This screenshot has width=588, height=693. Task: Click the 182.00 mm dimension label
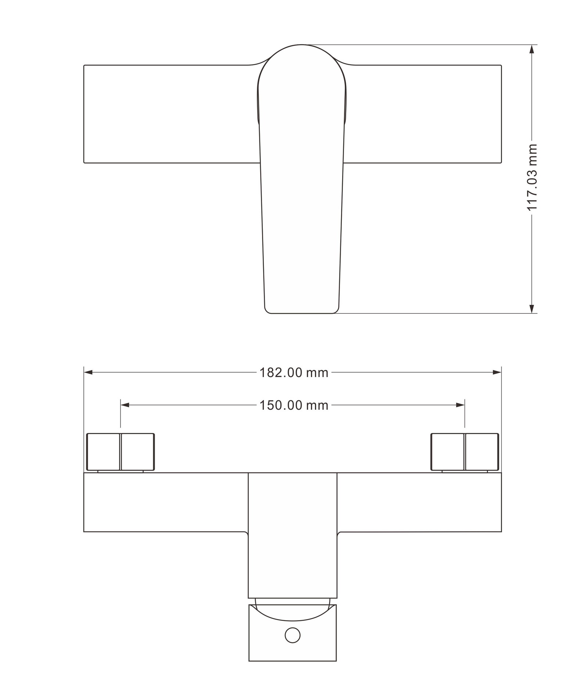(x=294, y=373)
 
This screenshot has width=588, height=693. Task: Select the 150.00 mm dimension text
(x=294, y=405)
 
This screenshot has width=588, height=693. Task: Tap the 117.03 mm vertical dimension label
(x=532, y=177)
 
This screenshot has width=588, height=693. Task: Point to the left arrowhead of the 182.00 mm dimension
(x=88, y=373)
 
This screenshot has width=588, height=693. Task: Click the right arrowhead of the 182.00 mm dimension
(x=497, y=373)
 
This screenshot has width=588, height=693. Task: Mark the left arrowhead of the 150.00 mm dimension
(x=125, y=405)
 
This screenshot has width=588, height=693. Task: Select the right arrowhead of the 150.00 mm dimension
(x=460, y=405)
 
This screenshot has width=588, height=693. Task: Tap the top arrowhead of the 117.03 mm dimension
(x=531, y=49)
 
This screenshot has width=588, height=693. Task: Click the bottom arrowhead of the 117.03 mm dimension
(x=531, y=309)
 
